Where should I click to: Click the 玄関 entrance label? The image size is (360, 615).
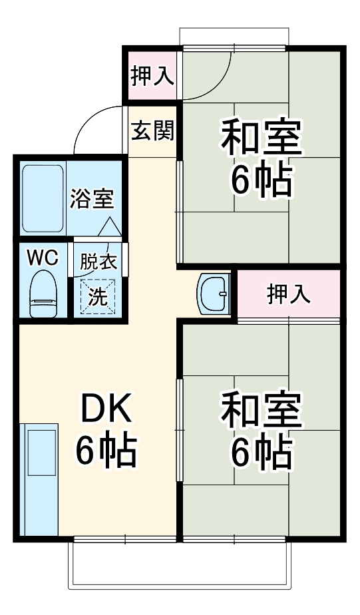pyautogui.click(x=152, y=131)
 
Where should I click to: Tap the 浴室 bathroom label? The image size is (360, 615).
pyautogui.click(x=92, y=198)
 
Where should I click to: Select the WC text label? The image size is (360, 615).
pyautogui.click(x=42, y=257)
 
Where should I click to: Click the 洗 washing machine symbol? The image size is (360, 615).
pyautogui.click(x=98, y=296)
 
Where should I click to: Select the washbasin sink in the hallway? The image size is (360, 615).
pyautogui.click(x=214, y=293)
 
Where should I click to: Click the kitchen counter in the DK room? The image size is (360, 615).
pyautogui.click(x=39, y=479)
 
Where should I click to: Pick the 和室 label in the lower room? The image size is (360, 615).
pyautogui.click(x=262, y=411)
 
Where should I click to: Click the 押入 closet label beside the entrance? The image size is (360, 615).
pyautogui.click(x=152, y=77)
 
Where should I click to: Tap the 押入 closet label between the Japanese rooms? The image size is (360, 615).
pyautogui.click(x=289, y=294)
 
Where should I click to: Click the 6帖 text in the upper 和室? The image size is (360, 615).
pyautogui.click(x=262, y=179)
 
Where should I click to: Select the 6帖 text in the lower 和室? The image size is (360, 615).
pyautogui.click(x=262, y=452)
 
